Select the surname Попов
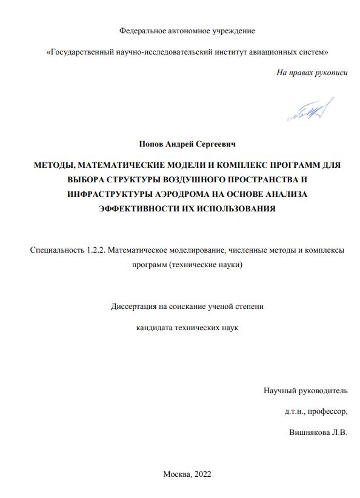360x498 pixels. tap(152, 145)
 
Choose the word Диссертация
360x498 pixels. tap(133, 307)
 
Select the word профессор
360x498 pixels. tap(327, 411)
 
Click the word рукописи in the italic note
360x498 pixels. tap(332, 72)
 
